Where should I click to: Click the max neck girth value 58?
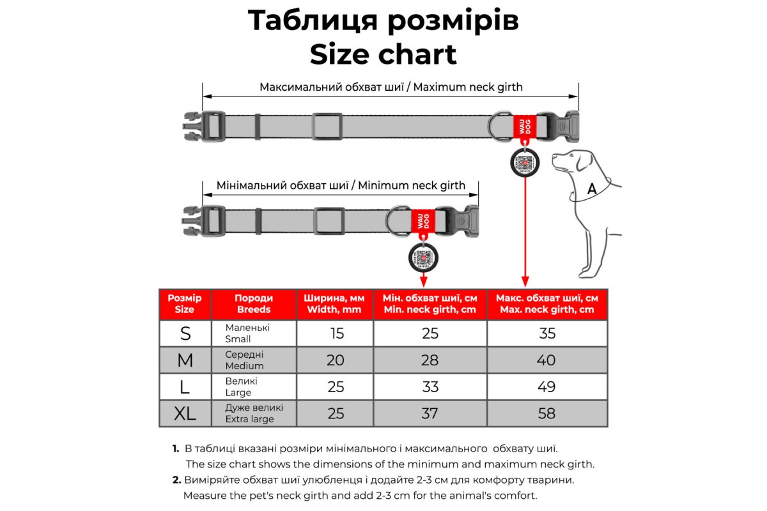(x=546, y=413)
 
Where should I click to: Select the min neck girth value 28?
(x=430, y=360)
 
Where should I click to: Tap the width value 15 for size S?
(x=336, y=333)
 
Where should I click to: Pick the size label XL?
(x=185, y=414)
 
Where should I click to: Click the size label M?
(x=185, y=360)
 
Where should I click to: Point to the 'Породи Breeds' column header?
(x=254, y=303)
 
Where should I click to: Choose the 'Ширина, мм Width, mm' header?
(x=334, y=303)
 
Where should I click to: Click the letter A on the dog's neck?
(x=592, y=188)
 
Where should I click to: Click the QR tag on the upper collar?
(x=525, y=162)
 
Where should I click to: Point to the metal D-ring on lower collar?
(x=397, y=219)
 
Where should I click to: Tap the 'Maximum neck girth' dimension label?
(x=391, y=87)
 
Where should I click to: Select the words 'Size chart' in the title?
(x=383, y=54)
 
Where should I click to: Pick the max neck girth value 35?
(x=546, y=333)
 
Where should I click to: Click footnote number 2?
(x=176, y=480)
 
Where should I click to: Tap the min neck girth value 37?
(x=430, y=413)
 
